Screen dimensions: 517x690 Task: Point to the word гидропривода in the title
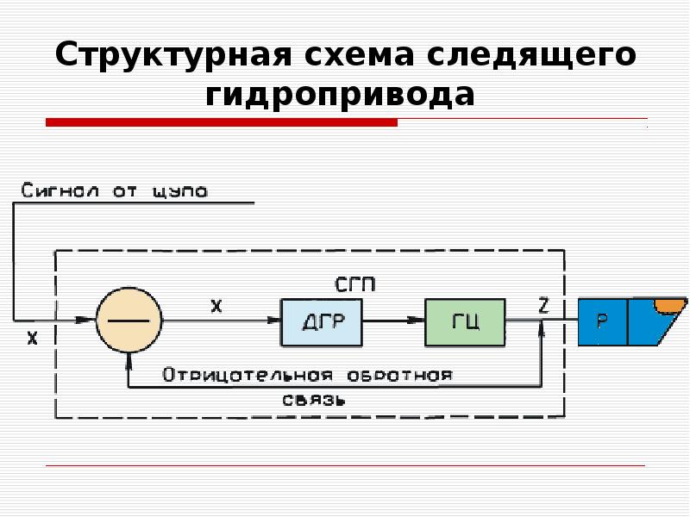(x=340, y=93)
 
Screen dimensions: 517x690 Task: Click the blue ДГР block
(x=322, y=321)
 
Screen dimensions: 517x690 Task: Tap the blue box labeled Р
(x=602, y=321)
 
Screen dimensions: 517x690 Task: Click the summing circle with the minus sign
(x=129, y=320)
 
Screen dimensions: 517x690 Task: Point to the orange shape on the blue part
(x=668, y=304)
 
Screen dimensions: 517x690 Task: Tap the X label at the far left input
(x=32, y=338)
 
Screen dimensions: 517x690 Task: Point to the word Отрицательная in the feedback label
(x=247, y=375)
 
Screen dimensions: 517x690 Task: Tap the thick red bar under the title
(x=221, y=123)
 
